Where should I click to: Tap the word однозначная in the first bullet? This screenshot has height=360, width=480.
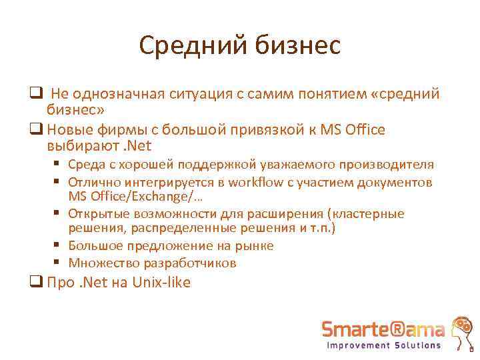114,94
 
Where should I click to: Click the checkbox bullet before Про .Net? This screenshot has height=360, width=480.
37,283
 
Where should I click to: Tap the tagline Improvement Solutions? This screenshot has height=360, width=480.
383,345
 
